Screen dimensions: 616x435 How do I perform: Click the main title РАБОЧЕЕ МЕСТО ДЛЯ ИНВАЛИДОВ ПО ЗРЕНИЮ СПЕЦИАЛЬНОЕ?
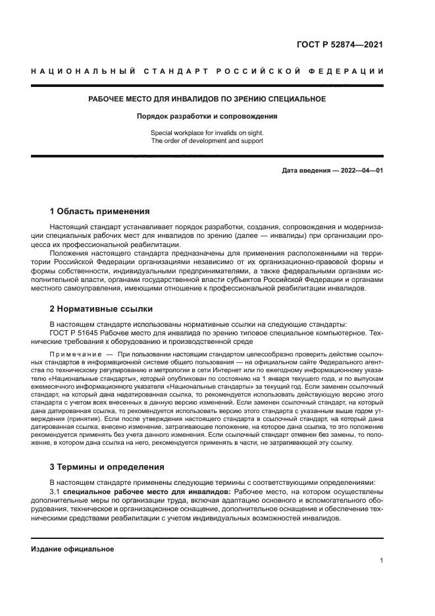pos(207,99)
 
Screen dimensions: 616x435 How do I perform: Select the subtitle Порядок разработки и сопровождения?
pos(207,116)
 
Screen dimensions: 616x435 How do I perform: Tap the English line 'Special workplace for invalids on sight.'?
pos(207,133)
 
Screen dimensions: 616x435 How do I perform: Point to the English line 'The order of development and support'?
pos(207,141)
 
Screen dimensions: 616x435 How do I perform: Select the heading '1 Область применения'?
pos(99,211)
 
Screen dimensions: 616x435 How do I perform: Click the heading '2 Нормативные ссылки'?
pos(101,308)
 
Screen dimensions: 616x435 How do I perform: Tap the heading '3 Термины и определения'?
pos(107,466)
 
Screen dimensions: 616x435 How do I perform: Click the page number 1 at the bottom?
pos(381,561)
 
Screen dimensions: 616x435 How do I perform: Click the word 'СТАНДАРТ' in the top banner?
pos(163,70)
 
